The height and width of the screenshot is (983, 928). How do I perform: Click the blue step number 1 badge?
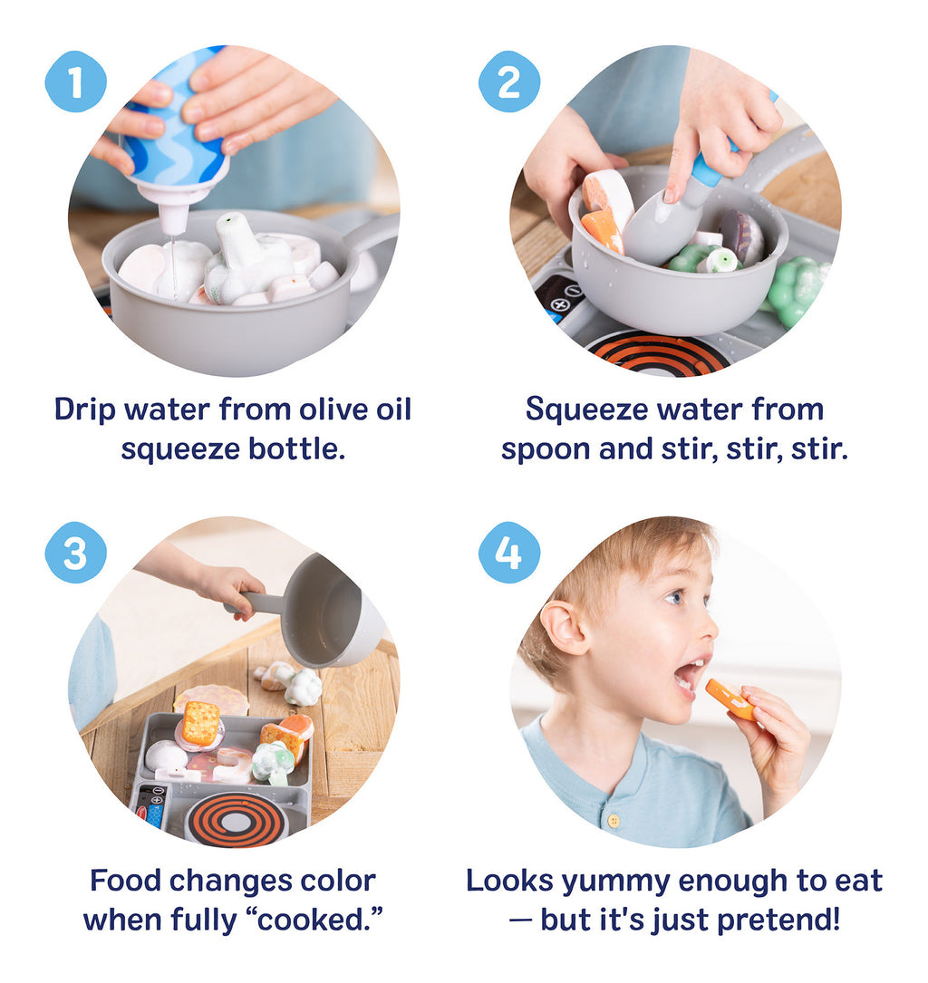pos(76,82)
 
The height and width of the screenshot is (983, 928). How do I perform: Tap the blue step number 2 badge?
pos(509,82)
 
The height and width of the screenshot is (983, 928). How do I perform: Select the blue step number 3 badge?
pos(76,553)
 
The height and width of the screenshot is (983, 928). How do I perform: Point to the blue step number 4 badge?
pos(509,553)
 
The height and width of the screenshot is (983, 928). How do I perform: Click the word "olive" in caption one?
pos(333,410)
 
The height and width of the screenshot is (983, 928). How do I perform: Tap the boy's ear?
pos(565,628)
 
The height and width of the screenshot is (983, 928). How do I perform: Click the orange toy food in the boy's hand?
pos(730,699)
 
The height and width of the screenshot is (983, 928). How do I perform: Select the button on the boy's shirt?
pos(614,821)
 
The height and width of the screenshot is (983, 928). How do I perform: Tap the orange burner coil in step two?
pos(658,355)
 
